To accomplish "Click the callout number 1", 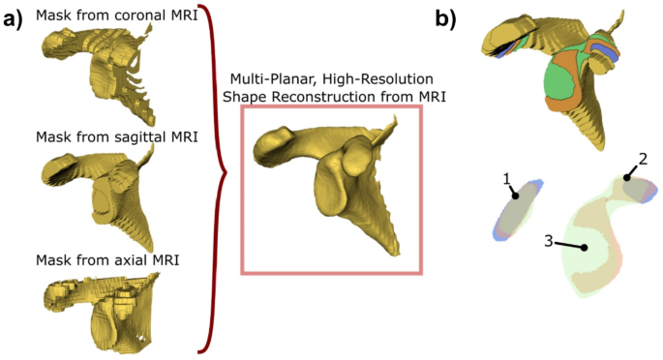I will click(x=505, y=178).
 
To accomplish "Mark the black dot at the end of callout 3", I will click(x=585, y=248).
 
